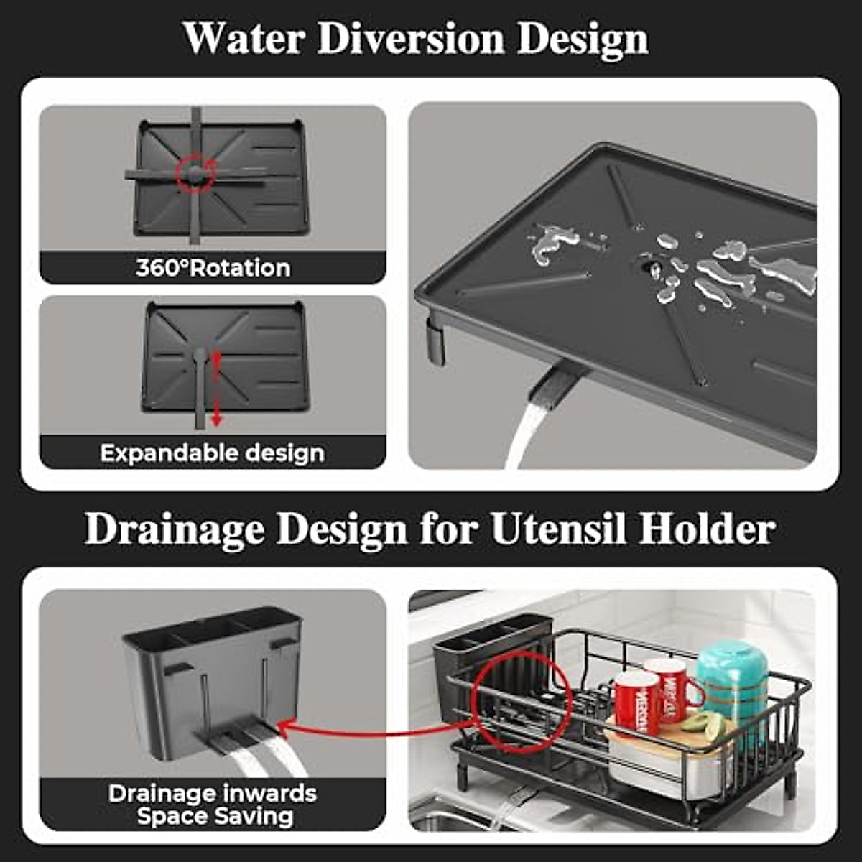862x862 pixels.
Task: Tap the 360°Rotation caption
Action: coord(213,268)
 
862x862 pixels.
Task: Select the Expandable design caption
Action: coord(213,453)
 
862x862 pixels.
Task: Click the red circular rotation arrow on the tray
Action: coord(196,173)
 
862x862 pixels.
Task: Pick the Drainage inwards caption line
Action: coord(213,794)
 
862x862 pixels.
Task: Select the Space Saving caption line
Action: coord(215,817)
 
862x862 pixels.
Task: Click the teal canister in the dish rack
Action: coord(732,675)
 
